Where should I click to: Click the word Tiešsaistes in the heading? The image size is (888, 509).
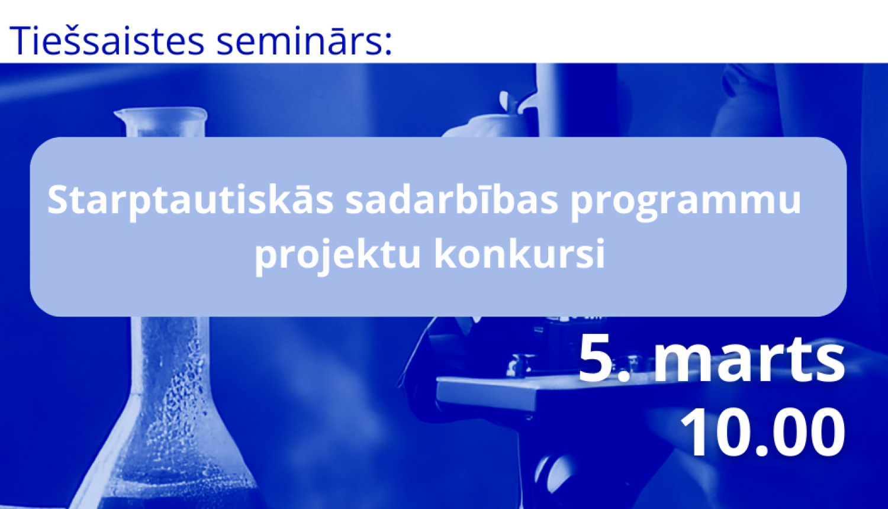107,40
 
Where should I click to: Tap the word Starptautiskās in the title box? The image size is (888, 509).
190,200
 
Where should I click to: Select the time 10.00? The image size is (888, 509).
762,432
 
